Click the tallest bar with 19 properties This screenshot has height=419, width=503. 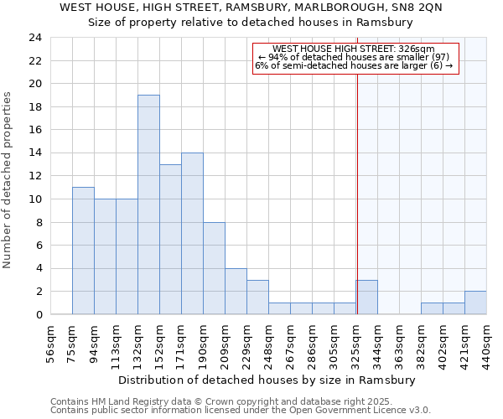[148, 204]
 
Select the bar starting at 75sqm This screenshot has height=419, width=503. [83, 251]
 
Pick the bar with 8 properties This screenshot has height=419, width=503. [214, 268]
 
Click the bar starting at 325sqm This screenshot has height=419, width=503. [366, 297]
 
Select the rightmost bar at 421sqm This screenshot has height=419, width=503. [475, 303]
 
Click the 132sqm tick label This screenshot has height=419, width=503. [138, 343]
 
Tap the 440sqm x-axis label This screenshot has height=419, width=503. [486, 343]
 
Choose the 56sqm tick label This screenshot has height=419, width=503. [51, 343]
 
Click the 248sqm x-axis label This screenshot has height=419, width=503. [269, 343]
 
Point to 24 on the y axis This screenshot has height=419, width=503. [34, 38]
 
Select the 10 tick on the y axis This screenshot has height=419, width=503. [34, 199]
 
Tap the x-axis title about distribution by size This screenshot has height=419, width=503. [267, 380]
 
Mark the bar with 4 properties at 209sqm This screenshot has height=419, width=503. [236, 291]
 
